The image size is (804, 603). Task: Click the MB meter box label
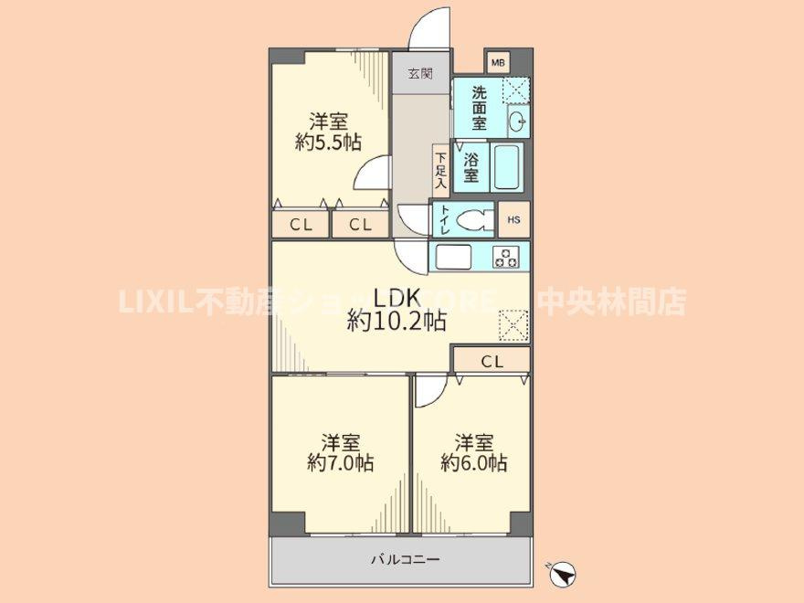coord(497,62)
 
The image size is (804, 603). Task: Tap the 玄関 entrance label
coord(420,74)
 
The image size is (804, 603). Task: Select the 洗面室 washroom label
coord(479,107)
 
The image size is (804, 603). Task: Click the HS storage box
coord(513,220)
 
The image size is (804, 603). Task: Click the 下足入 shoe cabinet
coord(439,170)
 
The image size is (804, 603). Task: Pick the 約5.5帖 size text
coord(327,143)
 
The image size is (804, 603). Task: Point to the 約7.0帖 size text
coord(339,463)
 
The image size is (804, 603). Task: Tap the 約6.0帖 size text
coord(473,463)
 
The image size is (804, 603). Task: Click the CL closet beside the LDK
coord(492,361)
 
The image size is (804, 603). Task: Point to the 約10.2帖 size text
coord(397,322)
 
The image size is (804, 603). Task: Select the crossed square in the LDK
coord(513,324)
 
